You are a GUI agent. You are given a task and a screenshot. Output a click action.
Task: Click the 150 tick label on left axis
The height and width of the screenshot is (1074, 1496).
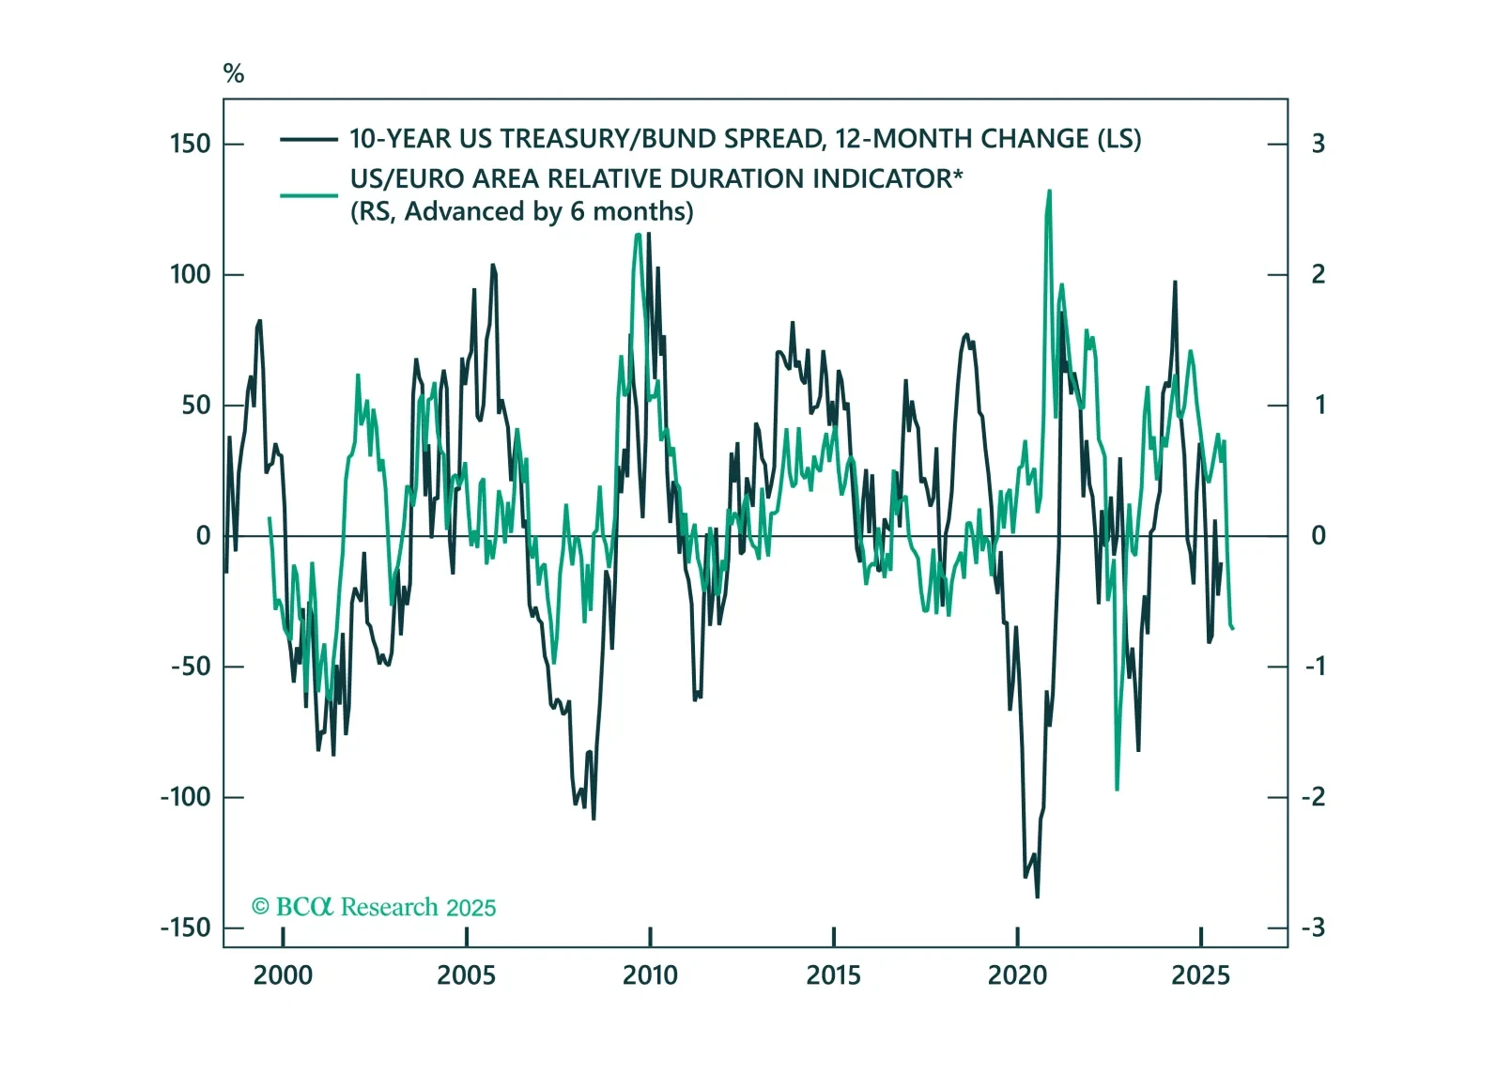click(190, 144)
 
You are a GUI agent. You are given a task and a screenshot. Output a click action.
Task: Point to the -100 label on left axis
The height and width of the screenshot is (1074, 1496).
click(185, 797)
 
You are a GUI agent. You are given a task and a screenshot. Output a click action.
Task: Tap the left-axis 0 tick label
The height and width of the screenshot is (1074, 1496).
click(203, 536)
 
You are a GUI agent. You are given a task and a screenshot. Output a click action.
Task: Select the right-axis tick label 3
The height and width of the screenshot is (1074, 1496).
click(1319, 144)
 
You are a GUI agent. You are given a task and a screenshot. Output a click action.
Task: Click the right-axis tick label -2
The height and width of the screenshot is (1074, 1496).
click(1314, 797)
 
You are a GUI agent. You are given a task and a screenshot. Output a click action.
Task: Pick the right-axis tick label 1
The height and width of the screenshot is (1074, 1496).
click(1319, 406)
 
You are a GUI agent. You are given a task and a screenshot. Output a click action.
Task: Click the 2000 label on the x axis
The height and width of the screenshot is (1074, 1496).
click(283, 975)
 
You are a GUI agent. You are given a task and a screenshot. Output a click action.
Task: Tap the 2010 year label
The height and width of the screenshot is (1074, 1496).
click(650, 975)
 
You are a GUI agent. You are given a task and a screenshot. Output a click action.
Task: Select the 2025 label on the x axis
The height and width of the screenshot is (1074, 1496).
click(1200, 975)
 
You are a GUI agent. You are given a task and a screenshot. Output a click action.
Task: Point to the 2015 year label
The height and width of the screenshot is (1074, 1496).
click(833, 975)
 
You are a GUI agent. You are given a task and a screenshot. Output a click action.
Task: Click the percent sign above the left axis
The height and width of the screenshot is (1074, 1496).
click(234, 73)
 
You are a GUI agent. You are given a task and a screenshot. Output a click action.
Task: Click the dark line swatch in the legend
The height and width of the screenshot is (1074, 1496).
click(308, 140)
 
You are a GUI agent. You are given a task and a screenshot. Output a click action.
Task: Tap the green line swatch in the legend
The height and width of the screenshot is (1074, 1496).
click(308, 195)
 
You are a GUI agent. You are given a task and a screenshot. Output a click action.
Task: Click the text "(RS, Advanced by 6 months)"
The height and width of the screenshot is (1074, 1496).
click(522, 211)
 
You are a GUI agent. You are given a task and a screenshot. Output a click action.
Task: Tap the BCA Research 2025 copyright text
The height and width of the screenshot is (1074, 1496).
click(374, 907)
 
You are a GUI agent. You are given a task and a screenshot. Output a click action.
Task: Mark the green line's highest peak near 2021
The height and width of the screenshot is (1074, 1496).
click(1049, 191)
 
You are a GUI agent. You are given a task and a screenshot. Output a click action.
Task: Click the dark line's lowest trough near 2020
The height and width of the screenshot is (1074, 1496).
click(1038, 897)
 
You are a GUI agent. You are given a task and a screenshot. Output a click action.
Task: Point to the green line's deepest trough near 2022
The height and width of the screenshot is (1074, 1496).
click(1117, 789)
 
